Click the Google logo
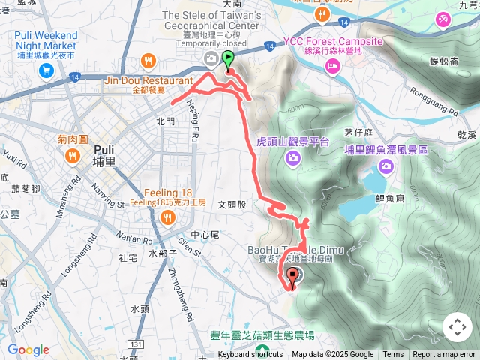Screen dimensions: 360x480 coord(28,349)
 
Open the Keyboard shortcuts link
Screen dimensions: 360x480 coord(250,355)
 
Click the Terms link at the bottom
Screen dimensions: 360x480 coord(393,355)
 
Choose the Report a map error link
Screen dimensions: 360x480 coord(444,355)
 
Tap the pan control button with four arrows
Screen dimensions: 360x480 coord(457,327)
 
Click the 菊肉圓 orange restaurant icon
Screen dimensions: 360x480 coord(73,157)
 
